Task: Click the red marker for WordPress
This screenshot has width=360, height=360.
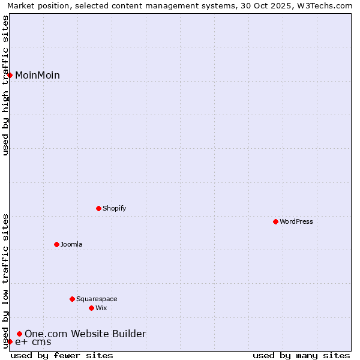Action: point(275,221)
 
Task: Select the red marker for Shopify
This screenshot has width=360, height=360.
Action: point(98,208)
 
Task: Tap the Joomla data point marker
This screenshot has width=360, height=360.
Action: point(56,244)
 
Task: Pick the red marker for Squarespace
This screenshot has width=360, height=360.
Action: point(72,299)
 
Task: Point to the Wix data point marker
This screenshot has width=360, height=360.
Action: point(91,308)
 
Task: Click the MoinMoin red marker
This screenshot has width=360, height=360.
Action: point(10,75)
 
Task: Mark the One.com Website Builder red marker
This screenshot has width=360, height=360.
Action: point(19,334)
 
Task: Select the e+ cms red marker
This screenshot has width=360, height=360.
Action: point(10,341)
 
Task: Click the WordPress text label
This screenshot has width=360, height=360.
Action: point(296,221)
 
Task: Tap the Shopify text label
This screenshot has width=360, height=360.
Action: point(114,208)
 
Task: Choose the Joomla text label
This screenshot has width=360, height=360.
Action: point(71,244)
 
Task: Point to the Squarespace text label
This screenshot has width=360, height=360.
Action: point(97,299)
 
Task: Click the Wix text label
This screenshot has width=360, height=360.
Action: point(101,308)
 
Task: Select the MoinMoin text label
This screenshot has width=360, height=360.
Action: point(37,75)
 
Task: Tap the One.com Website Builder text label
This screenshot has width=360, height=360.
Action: point(85,334)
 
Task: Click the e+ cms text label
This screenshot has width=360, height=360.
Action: point(33,342)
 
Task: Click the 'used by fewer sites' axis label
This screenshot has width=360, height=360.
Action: point(62,355)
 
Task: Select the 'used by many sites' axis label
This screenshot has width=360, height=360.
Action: point(301,355)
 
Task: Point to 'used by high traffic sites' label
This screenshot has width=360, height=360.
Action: point(5,85)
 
